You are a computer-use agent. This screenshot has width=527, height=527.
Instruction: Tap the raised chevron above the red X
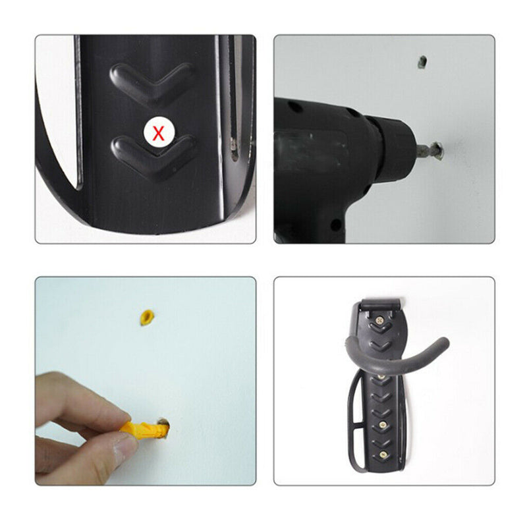click(153, 82)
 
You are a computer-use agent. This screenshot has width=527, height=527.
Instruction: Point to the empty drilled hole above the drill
click(422, 62)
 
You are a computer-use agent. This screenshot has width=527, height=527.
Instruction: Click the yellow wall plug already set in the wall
click(148, 317)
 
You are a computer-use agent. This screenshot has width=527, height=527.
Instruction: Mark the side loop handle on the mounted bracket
click(354, 422)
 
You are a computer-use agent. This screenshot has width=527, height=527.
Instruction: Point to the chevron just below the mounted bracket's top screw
click(381, 343)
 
